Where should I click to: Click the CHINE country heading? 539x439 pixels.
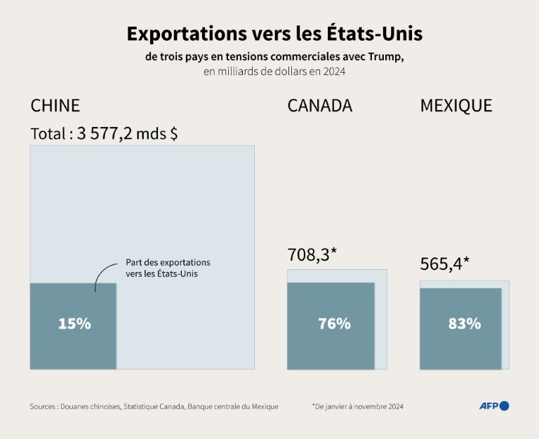[55, 106]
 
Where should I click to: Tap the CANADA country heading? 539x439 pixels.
[319, 106]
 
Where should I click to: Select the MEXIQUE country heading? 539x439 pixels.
[455, 106]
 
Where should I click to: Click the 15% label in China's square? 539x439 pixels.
[74, 324]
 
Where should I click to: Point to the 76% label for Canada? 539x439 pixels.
[334, 324]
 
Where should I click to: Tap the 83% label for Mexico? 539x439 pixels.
[465, 324]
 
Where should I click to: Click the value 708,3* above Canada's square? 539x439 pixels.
[312, 255]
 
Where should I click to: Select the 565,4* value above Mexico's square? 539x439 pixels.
[445, 264]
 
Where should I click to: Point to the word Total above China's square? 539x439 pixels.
[48, 134]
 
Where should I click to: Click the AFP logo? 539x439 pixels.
[493, 406]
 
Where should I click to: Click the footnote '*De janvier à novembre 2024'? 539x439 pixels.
[358, 406]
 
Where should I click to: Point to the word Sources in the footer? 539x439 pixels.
[43, 406]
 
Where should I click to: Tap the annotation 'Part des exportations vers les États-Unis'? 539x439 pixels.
[168, 268]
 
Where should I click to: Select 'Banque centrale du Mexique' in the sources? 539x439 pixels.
[234, 406]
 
